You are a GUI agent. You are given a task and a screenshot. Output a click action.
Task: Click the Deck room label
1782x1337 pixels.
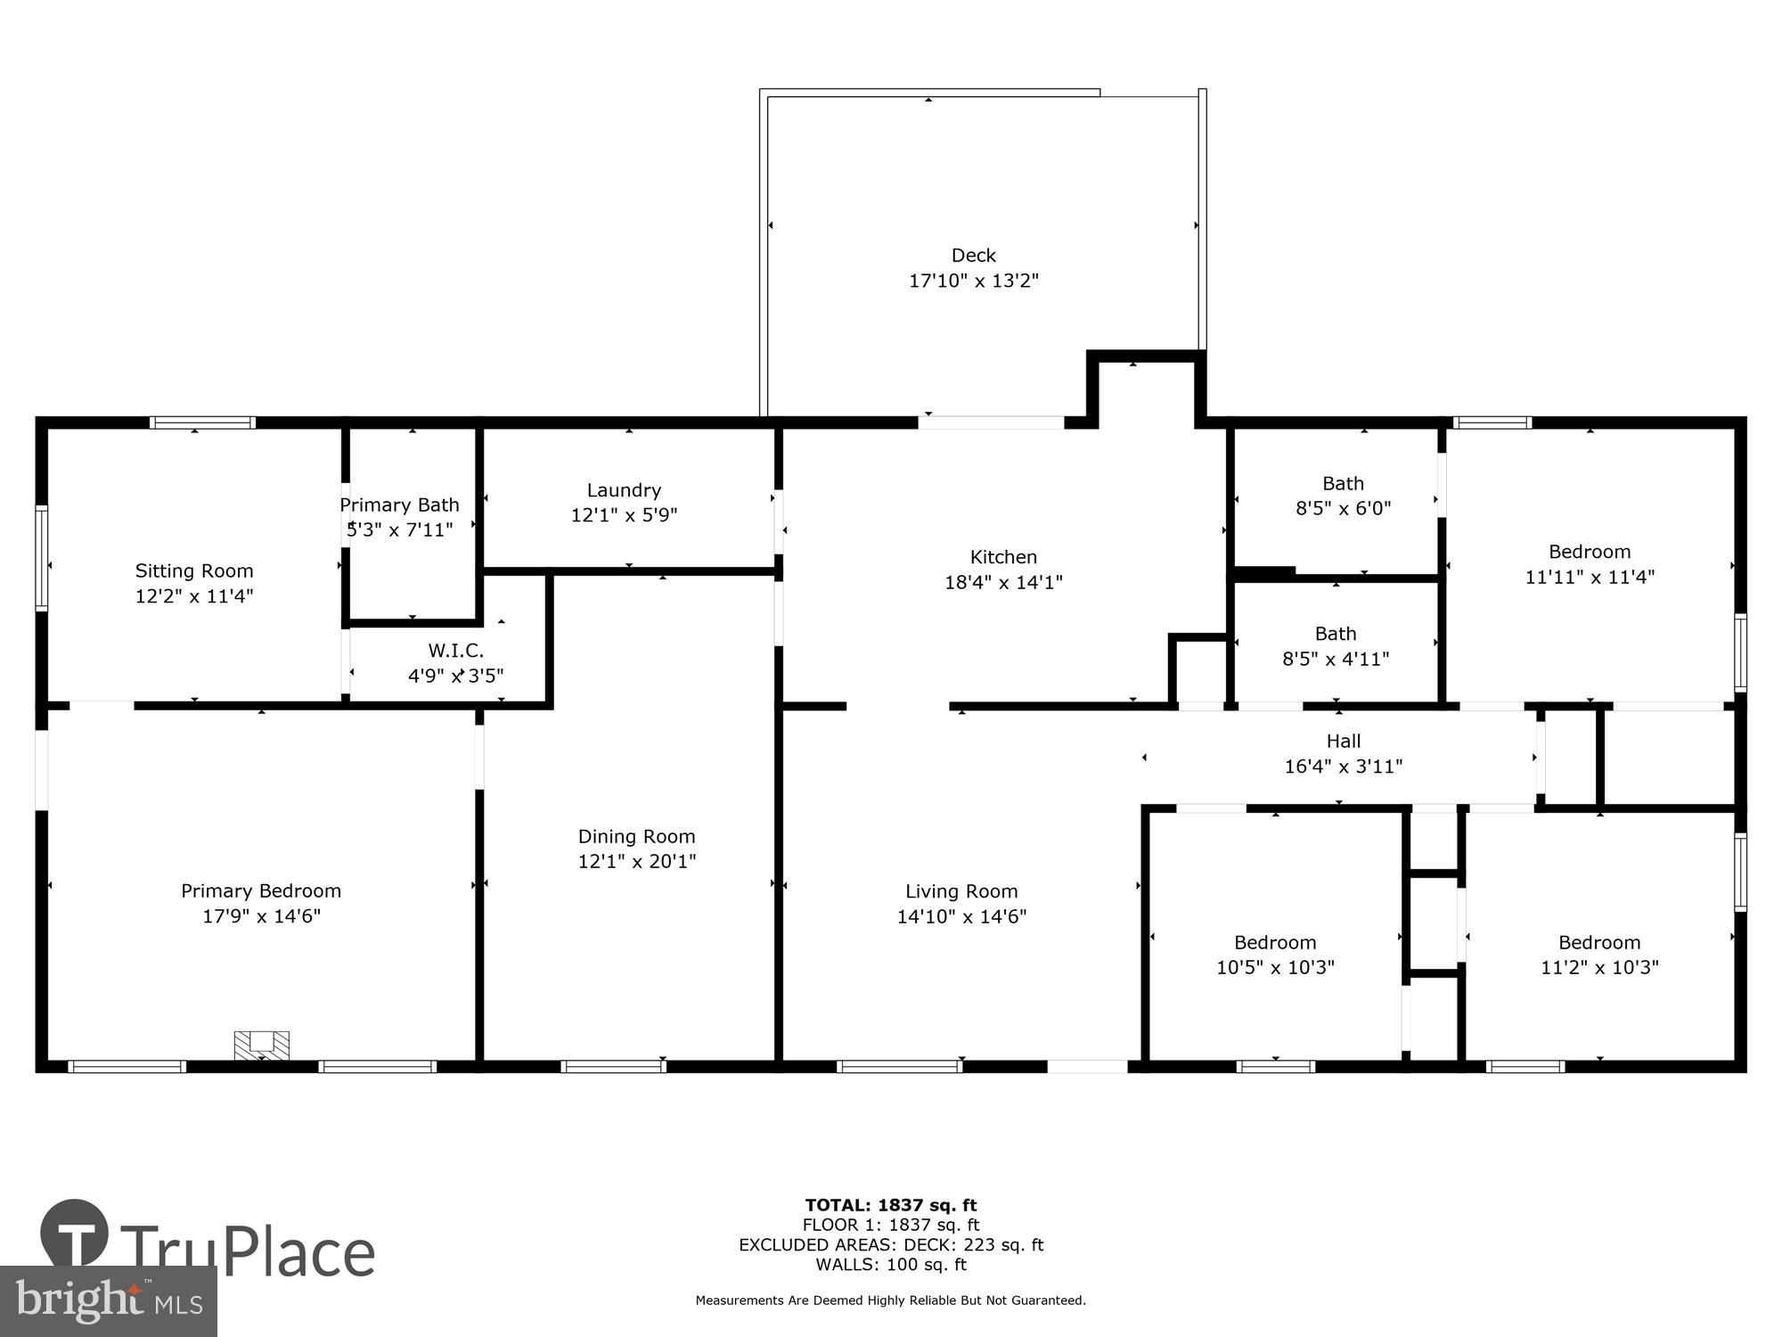(x=973, y=256)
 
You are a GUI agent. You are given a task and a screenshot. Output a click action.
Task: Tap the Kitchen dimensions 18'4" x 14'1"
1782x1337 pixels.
(x=1003, y=583)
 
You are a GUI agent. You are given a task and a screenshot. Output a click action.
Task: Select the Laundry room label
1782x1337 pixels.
(x=624, y=490)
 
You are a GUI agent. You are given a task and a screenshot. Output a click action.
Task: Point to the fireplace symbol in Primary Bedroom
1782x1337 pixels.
(x=261, y=1045)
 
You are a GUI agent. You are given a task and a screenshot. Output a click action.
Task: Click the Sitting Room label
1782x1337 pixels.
(x=194, y=571)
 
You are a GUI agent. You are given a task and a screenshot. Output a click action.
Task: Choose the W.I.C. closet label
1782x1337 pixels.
(x=455, y=651)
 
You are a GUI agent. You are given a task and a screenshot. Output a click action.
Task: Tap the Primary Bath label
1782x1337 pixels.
(x=399, y=505)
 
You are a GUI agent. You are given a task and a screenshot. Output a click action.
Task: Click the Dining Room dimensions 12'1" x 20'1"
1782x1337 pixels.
(x=636, y=862)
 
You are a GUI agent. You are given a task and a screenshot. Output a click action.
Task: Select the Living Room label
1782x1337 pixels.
(x=961, y=891)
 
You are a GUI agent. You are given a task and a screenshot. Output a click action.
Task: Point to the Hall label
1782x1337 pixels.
(x=1343, y=741)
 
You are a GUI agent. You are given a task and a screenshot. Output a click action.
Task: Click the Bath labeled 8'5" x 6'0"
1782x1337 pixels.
(x=1343, y=496)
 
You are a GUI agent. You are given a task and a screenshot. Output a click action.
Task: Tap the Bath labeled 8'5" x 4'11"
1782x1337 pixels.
(x=1336, y=646)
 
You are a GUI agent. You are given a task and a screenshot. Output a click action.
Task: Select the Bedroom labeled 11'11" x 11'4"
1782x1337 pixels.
(x=1590, y=563)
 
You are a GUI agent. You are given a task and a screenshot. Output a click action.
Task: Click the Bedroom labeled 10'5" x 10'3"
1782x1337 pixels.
(x=1275, y=955)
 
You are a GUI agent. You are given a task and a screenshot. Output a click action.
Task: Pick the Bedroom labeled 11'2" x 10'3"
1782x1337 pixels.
(x=1599, y=955)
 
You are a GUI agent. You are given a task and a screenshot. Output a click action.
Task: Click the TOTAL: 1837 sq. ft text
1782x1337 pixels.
(x=891, y=1206)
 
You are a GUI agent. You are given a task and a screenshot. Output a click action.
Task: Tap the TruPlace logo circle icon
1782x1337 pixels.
(x=75, y=1234)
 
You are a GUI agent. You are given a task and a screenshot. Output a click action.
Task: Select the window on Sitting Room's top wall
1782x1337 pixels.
(x=202, y=422)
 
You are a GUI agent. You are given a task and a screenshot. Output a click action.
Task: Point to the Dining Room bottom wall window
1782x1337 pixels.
(x=614, y=1066)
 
